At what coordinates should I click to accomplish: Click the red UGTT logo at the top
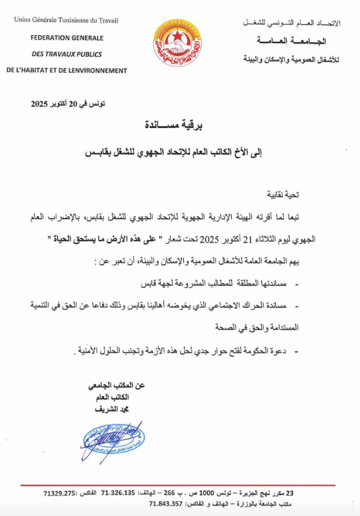pyautogui.click(x=177, y=44)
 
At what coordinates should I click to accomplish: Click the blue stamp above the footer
pyautogui.click(x=112, y=443)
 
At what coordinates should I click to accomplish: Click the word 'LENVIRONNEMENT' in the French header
pyautogui.click(x=94, y=70)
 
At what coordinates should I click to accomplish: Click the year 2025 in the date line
pyautogui.click(x=42, y=104)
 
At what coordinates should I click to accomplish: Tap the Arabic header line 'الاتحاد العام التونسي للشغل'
pyautogui.click(x=293, y=23)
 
